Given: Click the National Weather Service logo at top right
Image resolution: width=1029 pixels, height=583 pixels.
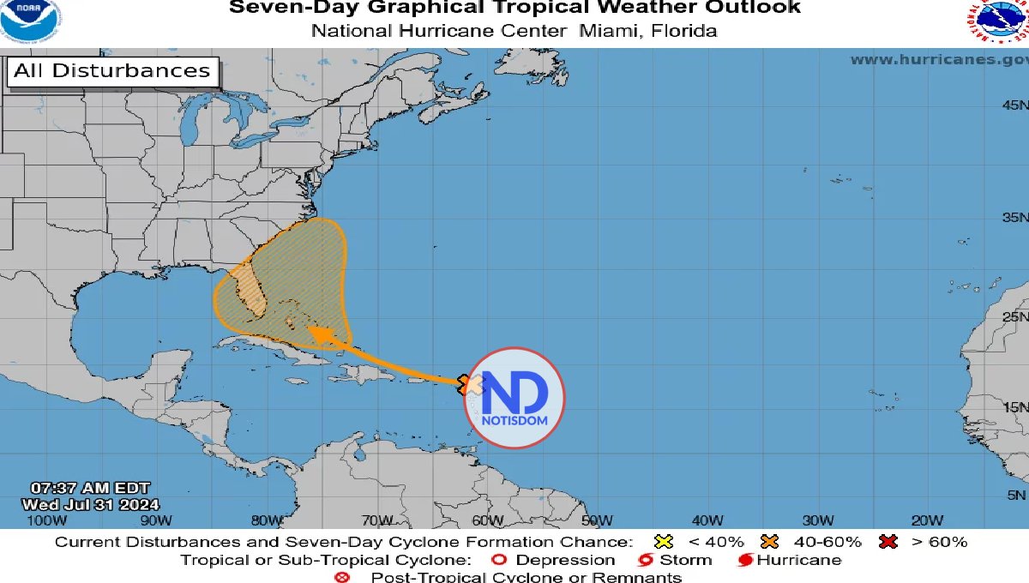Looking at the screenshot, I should coord(998,21).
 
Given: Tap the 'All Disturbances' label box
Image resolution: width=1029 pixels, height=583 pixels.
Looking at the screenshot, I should coord(111,71).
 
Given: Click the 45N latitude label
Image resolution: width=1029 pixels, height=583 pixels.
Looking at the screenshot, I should coord(1014,105).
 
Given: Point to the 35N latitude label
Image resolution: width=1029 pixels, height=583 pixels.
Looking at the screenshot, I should coord(1014,217).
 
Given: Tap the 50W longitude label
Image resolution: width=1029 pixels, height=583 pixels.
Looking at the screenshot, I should coord(597,520).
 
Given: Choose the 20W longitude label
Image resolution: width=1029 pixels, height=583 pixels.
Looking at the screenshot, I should coord(928,520).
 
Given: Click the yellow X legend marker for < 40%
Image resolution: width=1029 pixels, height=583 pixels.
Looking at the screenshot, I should coord(662,542).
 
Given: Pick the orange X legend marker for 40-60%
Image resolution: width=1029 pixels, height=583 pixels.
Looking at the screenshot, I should coord(769,542).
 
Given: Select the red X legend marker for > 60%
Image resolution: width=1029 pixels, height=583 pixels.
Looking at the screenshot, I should coord(888,542).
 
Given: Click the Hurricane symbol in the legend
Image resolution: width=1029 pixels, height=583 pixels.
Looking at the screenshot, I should coord(745,561).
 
